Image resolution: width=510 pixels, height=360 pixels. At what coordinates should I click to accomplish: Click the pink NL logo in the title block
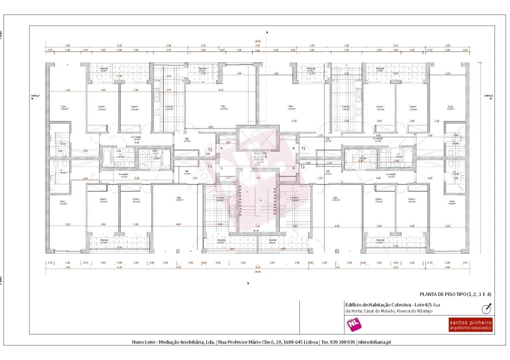[353, 324]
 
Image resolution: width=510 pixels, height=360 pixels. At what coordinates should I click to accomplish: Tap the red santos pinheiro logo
[470, 324]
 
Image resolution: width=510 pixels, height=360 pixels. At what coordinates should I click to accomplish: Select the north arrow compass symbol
[486, 308]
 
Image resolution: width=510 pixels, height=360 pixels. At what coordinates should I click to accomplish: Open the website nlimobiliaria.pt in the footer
[374, 342]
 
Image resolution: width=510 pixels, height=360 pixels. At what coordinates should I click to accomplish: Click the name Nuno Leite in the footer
[144, 342]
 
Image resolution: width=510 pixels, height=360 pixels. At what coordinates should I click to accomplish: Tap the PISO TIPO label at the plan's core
[260, 154]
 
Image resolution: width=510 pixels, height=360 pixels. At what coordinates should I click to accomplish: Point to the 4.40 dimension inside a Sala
[178, 224]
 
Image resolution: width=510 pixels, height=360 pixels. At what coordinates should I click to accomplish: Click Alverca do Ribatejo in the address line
[415, 311]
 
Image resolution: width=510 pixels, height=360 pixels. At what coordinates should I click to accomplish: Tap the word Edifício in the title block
[354, 304]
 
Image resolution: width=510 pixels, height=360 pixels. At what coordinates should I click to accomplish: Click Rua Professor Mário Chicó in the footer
[244, 342]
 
